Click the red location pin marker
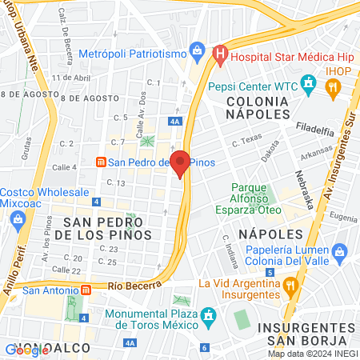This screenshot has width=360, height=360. pos(181,163)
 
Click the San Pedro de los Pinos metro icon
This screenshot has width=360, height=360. pos(100,162)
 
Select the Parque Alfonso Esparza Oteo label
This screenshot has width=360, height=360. pos(256,198)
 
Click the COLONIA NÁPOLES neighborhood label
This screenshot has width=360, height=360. pos(256,108)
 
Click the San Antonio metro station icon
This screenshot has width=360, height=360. pos(86,290)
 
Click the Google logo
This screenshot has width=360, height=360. pos(26,350)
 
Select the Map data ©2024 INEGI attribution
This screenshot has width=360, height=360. pos(312,353)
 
